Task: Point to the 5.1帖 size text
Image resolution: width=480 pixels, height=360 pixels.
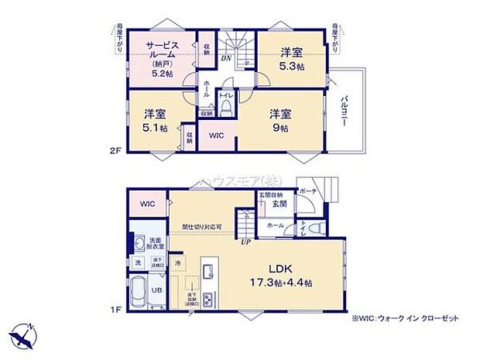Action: pyautogui.click(x=155, y=128)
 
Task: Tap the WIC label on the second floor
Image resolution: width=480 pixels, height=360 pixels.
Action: pyautogui.click(x=217, y=135)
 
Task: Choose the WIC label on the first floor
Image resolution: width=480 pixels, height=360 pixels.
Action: pyautogui.click(x=148, y=204)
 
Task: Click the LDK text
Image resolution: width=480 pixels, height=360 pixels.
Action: pyautogui.click(x=280, y=269)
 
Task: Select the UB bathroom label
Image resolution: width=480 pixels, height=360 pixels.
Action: pyautogui.click(x=156, y=291)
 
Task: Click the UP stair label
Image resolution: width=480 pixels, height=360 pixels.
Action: pyautogui.click(x=246, y=241)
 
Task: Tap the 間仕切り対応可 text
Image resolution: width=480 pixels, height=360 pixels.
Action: pyautogui.click(x=202, y=227)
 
